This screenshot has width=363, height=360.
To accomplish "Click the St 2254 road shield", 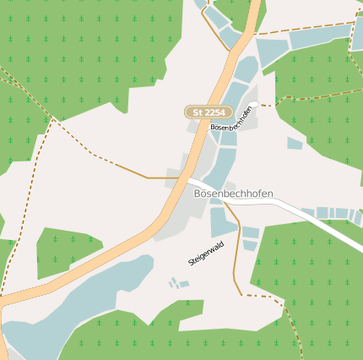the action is [x=209, y=112].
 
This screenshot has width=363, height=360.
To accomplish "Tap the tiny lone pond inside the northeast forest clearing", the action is [x=294, y=144].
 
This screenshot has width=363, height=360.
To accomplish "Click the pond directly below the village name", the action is [x=221, y=221].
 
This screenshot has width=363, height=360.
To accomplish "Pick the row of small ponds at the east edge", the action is [x=333, y=214].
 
